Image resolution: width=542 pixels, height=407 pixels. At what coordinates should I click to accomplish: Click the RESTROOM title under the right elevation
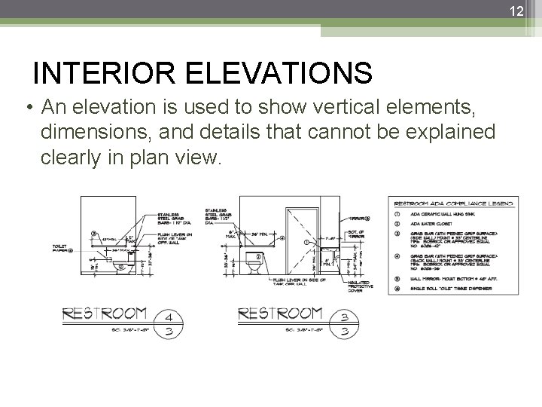[280, 312]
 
